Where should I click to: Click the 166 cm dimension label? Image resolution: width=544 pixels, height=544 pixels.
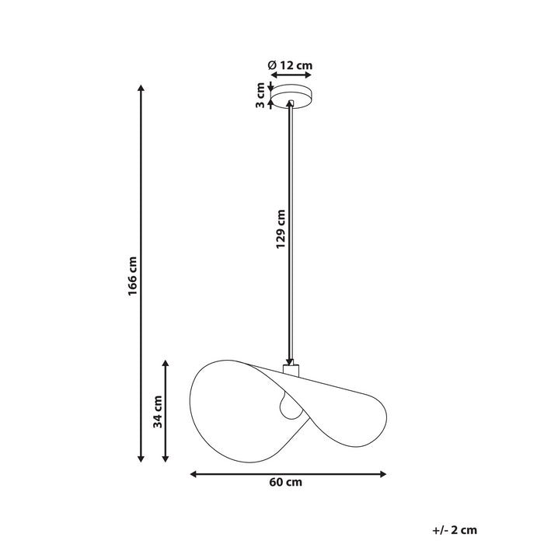[133, 276]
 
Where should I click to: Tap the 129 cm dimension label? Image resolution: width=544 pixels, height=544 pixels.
[281, 229]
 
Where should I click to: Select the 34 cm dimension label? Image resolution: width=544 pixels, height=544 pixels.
[158, 412]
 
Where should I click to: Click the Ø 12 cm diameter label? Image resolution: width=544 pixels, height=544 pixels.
[290, 66]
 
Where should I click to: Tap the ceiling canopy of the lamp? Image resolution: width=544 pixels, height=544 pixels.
[291, 97]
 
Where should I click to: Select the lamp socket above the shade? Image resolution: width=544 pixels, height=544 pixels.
[291, 371]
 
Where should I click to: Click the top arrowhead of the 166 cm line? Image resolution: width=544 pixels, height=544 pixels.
[141, 89]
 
